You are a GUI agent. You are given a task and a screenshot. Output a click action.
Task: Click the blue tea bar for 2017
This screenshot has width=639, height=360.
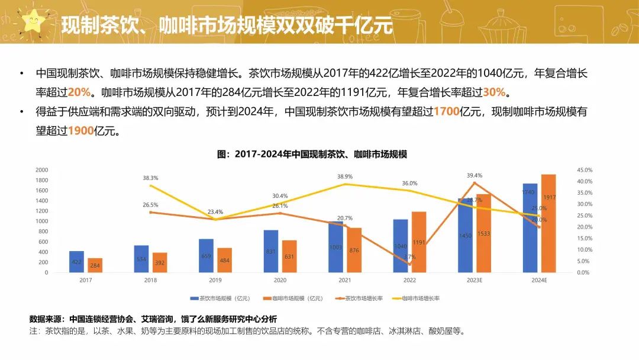(x=76, y=262)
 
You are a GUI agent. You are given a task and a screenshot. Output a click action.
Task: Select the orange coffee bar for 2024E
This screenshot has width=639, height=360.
(x=548, y=223)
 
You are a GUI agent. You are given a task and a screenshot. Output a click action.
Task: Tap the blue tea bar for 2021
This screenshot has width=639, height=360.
(x=336, y=247)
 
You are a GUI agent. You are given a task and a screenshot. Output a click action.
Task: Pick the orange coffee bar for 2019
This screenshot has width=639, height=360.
(x=224, y=260)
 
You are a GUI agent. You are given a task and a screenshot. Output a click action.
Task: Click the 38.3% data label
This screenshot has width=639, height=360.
(x=150, y=178)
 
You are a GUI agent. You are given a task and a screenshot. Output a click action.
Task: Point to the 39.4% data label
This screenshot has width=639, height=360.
(x=475, y=175)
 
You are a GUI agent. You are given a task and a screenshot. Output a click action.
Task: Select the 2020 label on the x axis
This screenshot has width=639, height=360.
(x=280, y=280)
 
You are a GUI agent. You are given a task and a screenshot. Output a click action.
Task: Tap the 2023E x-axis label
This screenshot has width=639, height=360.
(x=475, y=280)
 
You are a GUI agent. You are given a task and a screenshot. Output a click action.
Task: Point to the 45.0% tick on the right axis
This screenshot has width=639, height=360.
(x=584, y=170)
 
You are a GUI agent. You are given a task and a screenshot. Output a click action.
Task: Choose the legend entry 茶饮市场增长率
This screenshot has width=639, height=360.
(x=358, y=298)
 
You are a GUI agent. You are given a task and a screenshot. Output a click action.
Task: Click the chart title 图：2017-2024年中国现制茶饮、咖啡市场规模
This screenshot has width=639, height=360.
(x=312, y=154)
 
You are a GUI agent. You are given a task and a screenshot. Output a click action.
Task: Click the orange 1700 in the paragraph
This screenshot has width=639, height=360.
(x=447, y=111)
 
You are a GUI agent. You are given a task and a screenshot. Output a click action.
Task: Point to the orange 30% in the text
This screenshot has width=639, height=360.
(x=495, y=92)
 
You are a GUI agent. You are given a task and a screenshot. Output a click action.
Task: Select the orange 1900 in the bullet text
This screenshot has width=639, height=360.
(x=81, y=131)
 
